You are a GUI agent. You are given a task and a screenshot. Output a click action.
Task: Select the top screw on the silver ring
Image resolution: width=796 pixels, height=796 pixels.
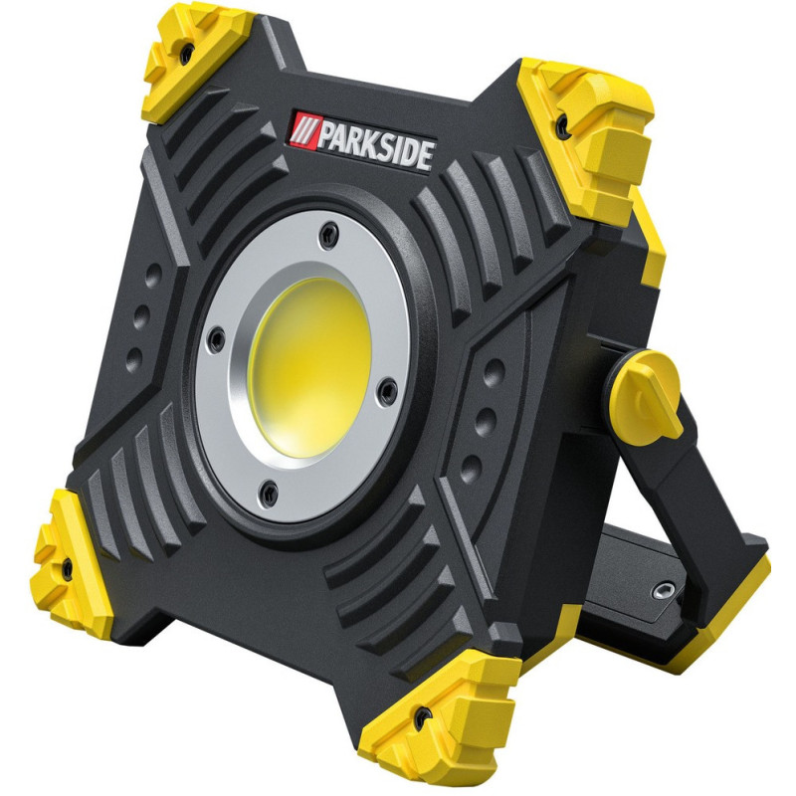pyautogui.click(x=329, y=234)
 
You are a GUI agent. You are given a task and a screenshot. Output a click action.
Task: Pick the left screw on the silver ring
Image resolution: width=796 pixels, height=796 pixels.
pyautogui.click(x=216, y=338)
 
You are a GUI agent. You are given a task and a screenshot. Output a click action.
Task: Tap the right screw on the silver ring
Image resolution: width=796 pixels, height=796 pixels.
pyautogui.click(x=388, y=391)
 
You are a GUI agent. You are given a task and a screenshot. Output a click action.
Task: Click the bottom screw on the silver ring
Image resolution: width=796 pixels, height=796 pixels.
pyautogui.click(x=268, y=493)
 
